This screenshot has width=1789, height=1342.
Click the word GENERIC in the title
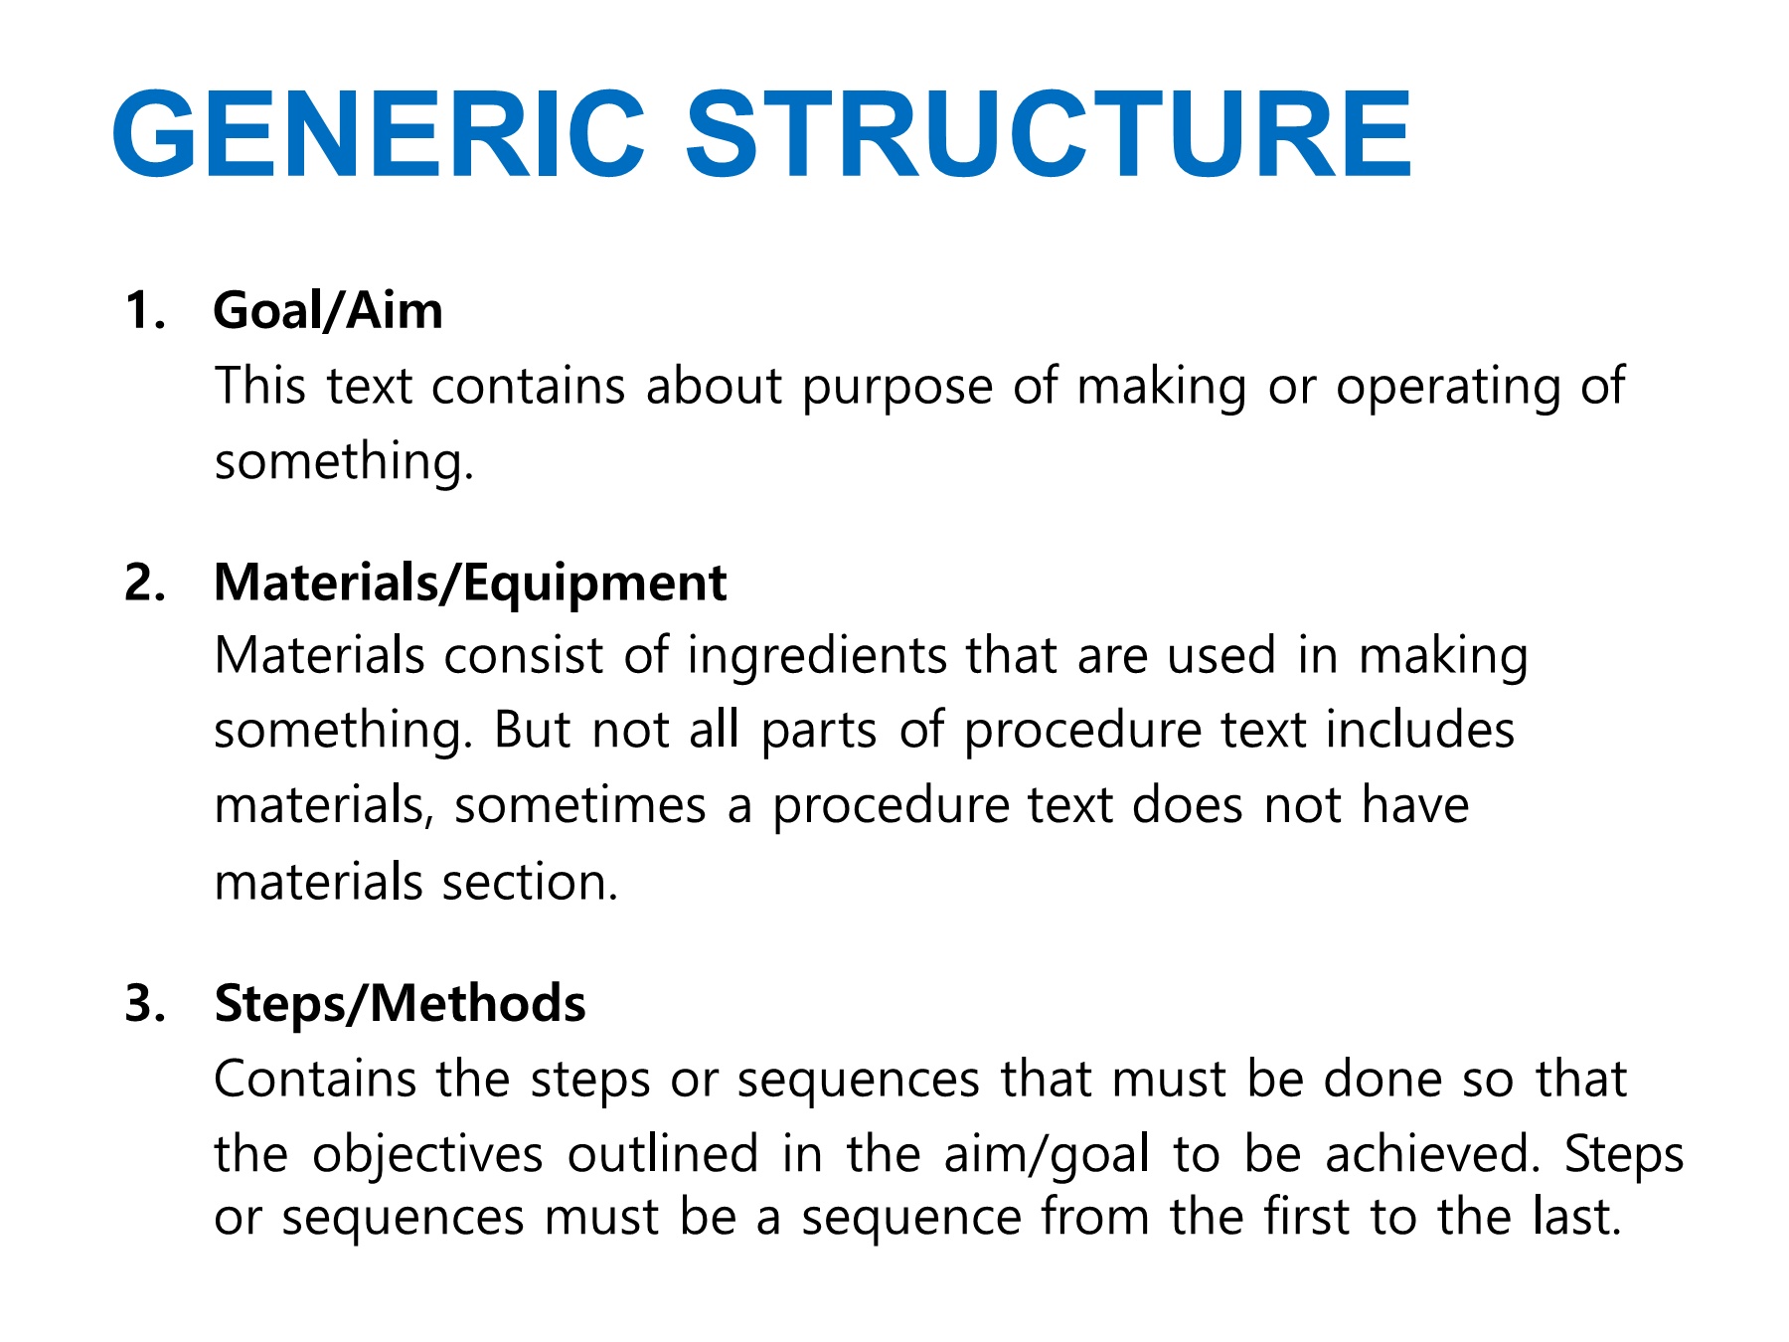pos(379,134)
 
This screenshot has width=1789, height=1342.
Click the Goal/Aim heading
pos(328,311)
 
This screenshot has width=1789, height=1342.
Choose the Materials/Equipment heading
pos(470,585)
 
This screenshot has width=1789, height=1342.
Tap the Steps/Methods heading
pos(400,1004)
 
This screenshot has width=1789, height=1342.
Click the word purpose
pos(897,388)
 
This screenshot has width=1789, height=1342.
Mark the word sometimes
pos(580,805)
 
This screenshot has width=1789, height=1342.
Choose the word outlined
pos(663,1154)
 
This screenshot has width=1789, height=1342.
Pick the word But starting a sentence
pos(532,731)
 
